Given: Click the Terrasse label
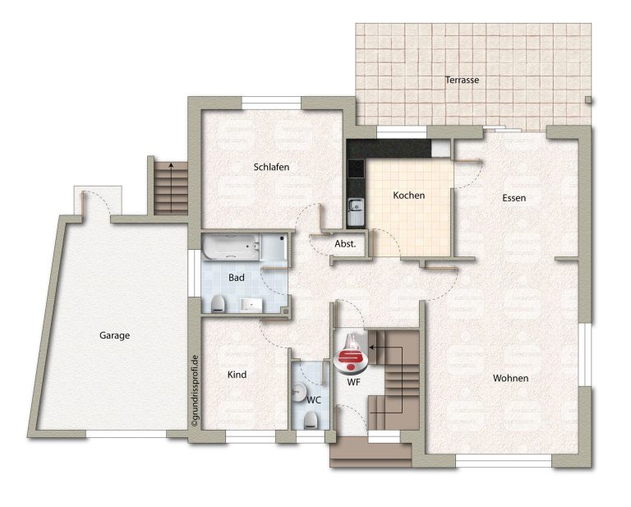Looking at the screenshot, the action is (x=462, y=80).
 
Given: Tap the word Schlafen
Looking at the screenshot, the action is (x=271, y=167).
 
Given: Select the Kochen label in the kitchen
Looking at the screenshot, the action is (x=409, y=195).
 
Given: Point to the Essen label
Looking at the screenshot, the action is (x=514, y=197).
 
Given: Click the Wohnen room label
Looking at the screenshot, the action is (x=511, y=378).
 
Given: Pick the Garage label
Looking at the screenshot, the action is (x=115, y=335).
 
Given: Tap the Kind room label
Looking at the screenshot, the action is (x=237, y=375).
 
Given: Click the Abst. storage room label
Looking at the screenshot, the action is (x=345, y=243).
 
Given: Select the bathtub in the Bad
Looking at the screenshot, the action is (x=231, y=247).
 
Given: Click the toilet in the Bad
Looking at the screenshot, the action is (x=218, y=304).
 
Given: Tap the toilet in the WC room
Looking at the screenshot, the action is (x=311, y=420).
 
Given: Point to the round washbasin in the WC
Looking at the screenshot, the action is (x=298, y=390).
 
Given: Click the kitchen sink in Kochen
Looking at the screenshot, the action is (x=355, y=212).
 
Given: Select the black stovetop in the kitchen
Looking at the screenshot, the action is (x=356, y=169).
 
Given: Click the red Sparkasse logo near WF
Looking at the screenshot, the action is (x=351, y=353).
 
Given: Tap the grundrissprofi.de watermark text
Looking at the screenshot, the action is (x=195, y=390).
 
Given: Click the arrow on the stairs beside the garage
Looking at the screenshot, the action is (x=172, y=187).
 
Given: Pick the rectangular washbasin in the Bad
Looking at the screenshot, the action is (x=251, y=305).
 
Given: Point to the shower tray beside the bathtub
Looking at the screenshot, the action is (x=274, y=247).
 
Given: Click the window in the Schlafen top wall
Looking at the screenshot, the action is (x=272, y=103).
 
